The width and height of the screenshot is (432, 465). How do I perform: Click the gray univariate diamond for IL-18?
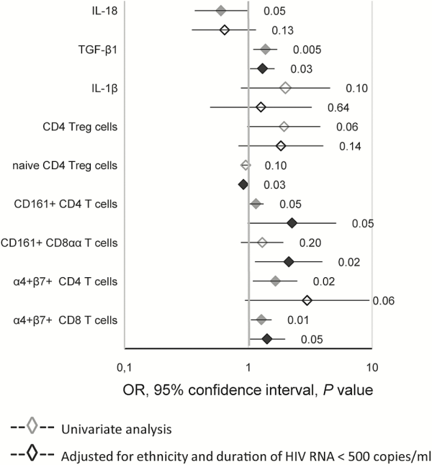pyautogui.click(x=221, y=11)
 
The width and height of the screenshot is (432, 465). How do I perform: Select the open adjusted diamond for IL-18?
pyautogui.click(x=225, y=30)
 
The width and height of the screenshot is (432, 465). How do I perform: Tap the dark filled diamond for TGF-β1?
pyautogui.click(x=263, y=69)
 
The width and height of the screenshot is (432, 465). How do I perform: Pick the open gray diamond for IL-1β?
pyautogui.click(x=285, y=88)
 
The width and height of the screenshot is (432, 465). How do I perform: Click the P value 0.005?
pyautogui.click(x=307, y=50)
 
